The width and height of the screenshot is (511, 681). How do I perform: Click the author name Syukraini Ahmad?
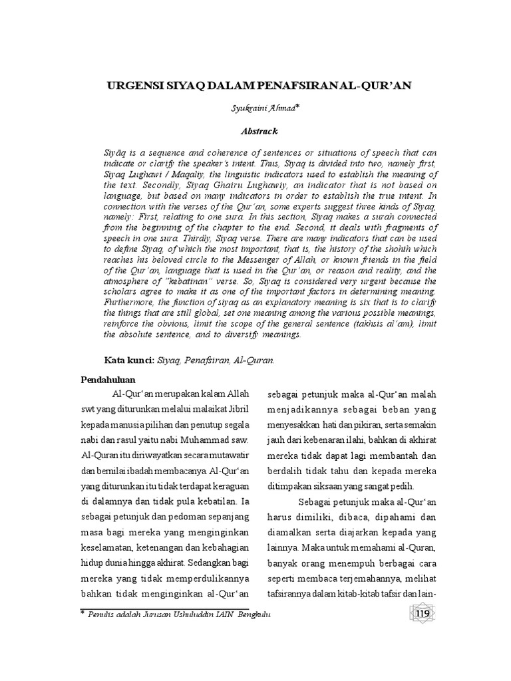coord(254,109)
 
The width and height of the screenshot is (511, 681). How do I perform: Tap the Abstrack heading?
coord(255,131)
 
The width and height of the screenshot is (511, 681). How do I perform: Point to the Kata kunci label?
coord(128,360)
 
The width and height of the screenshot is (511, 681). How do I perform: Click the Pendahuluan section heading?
coord(108,380)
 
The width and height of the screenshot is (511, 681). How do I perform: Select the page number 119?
coord(423,613)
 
